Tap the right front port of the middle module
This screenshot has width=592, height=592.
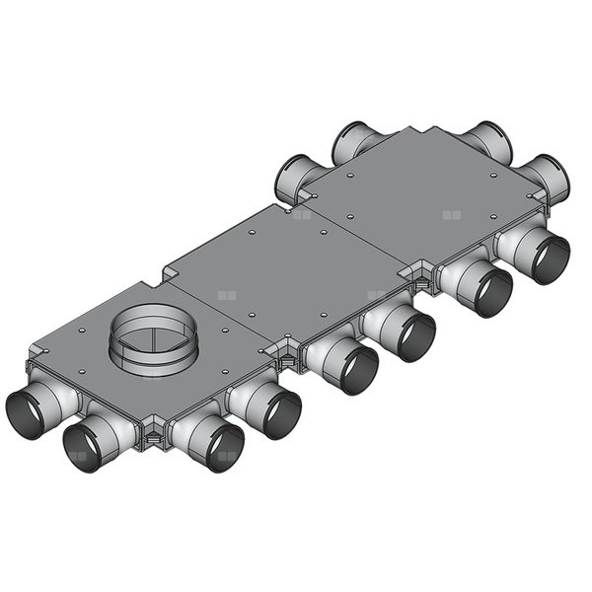tap(406, 336)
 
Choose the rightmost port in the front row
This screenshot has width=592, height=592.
tap(541, 259)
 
